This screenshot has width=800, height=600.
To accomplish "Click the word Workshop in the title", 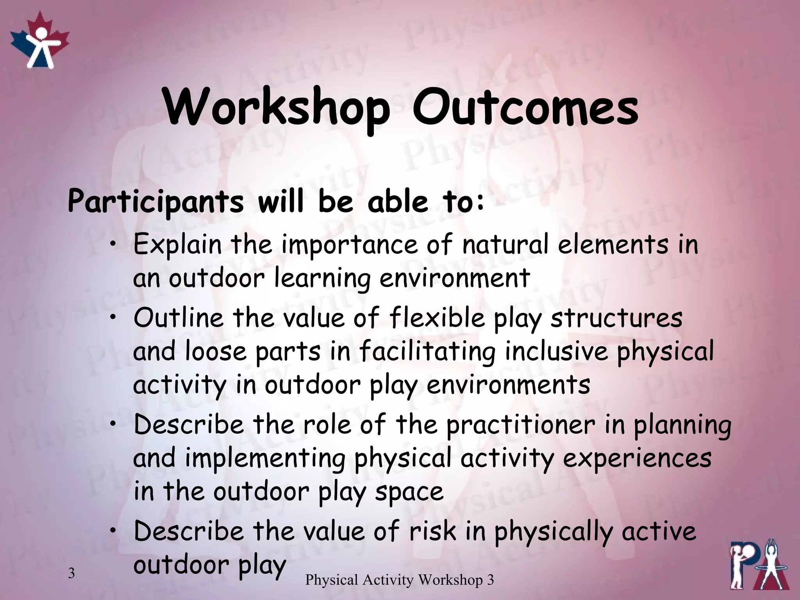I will point(277,107).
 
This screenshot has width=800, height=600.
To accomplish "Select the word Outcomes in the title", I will point(525,107).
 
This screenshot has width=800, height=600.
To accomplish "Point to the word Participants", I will point(155,202).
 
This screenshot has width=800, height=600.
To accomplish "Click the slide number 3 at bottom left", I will point(71,573).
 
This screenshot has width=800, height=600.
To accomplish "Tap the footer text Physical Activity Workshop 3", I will point(399,580).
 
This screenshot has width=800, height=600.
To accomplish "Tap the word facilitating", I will point(427,351).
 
